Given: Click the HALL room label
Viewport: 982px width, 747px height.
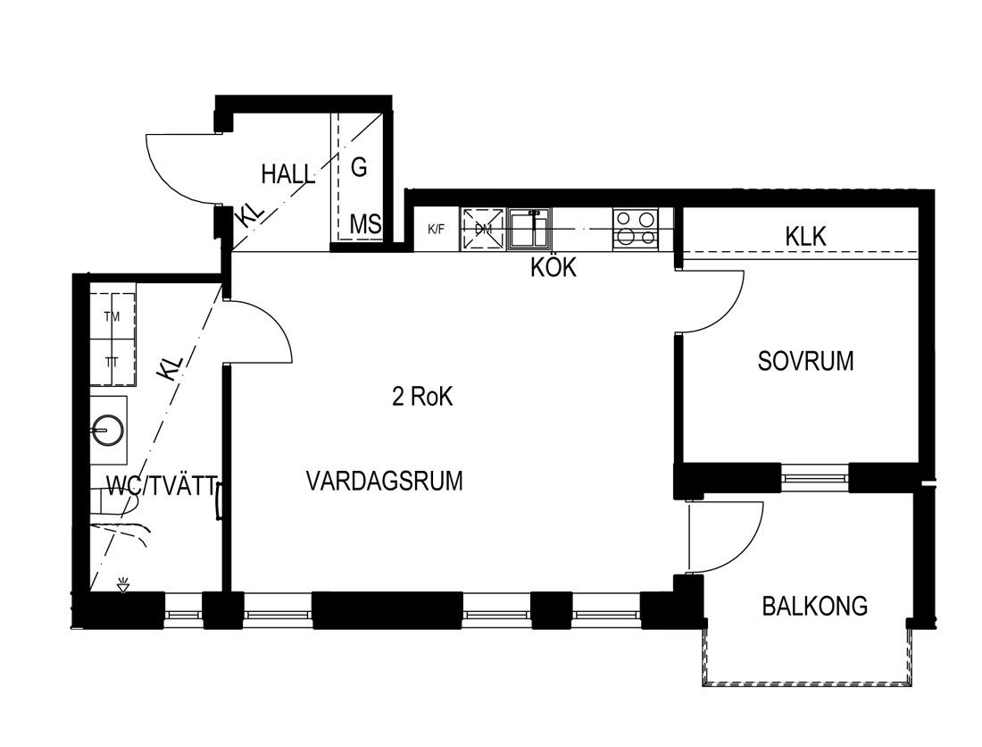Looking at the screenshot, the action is (x=287, y=174).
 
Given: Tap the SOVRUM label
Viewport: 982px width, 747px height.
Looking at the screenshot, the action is (x=805, y=362).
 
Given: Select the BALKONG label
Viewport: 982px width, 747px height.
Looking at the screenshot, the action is (x=815, y=606).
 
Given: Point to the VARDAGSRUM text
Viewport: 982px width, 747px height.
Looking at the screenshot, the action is (x=385, y=482).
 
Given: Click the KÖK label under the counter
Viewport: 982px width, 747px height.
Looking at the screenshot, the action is (x=553, y=267).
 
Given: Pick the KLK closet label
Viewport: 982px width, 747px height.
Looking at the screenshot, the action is (x=806, y=236).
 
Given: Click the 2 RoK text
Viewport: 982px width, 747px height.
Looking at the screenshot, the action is (x=422, y=397).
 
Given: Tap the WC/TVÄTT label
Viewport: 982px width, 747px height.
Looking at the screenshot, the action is (x=162, y=486).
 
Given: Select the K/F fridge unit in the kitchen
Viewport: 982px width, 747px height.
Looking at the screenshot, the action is (x=437, y=230).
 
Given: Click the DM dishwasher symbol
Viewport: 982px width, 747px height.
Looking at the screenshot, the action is (x=483, y=230).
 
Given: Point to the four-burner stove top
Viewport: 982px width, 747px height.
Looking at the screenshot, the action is (x=635, y=228).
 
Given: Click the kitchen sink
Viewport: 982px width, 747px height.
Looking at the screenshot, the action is (x=529, y=230).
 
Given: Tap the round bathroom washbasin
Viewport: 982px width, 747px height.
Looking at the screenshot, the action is (x=108, y=429).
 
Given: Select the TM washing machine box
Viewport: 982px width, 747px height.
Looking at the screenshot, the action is (x=112, y=317).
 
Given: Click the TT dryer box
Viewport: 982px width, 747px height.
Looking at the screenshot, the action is (x=112, y=362).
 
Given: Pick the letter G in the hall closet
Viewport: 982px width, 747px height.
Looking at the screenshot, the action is (x=359, y=167).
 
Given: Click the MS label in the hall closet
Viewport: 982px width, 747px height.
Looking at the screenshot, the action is (x=365, y=224).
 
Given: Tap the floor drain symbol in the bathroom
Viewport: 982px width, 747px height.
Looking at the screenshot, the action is (x=123, y=586).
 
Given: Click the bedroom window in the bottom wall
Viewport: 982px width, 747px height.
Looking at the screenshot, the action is (x=815, y=479).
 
